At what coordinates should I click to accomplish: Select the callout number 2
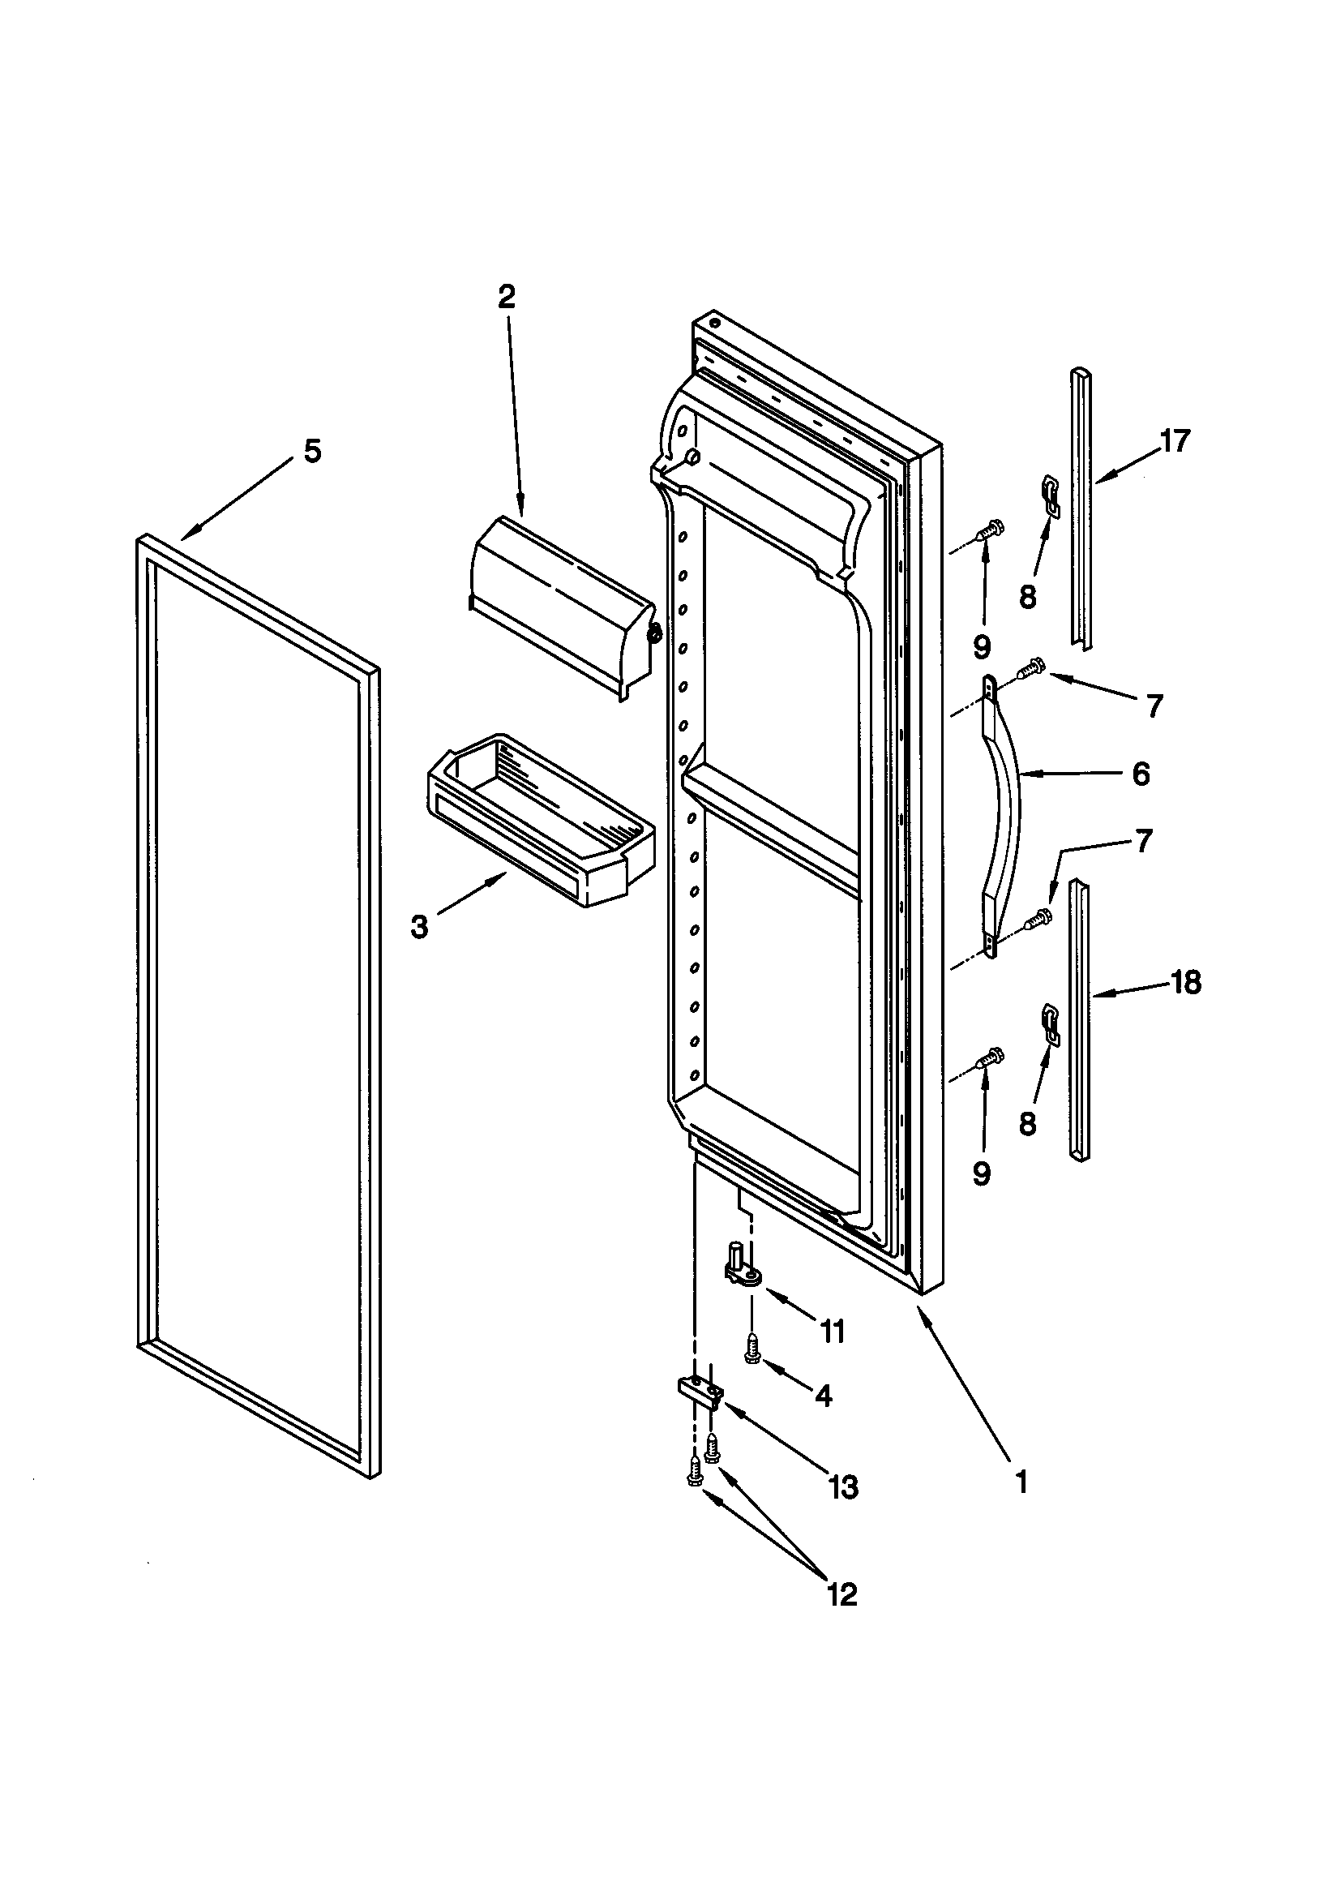[506, 297]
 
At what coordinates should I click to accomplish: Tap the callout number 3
[419, 928]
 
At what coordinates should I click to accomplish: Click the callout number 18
[1186, 983]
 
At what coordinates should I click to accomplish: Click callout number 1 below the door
[1021, 1482]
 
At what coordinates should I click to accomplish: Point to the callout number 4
[823, 1396]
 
